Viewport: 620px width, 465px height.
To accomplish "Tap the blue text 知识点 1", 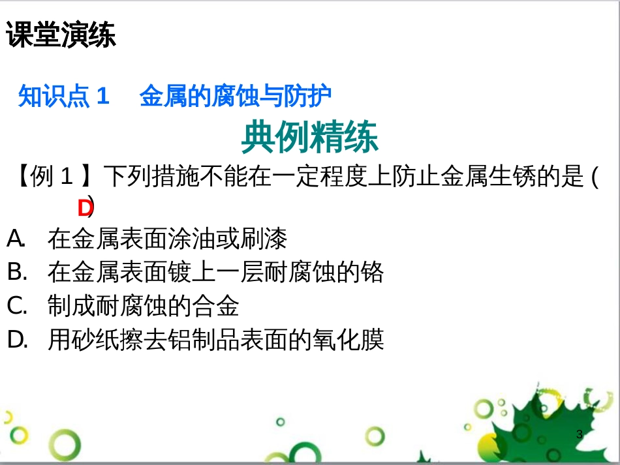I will [63, 97].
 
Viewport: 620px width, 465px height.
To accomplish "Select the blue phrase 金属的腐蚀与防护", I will [236, 97].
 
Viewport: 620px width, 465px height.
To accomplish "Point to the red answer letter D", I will [84, 208].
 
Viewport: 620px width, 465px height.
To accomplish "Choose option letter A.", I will [15, 239].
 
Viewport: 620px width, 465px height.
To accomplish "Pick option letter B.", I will [16, 272].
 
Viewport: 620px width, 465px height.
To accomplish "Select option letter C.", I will [16, 305].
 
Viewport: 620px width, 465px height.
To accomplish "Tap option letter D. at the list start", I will [16, 339].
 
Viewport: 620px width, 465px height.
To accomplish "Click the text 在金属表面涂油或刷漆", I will [167, 239].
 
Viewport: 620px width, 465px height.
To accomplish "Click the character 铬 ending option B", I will [372, 272].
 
